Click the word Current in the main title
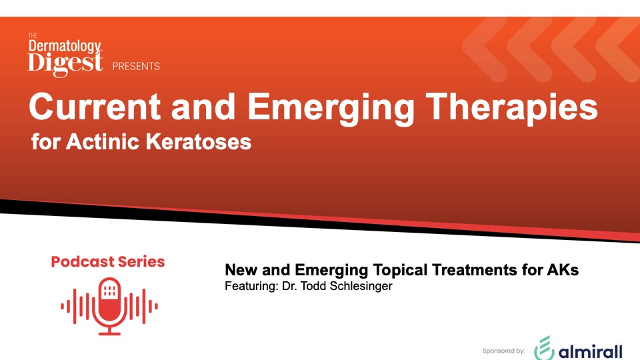pyautogui.click(x=94, y=107)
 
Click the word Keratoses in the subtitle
pyautogui.click(x=199, y=142)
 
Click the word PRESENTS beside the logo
pyautogui.click(x=136, y=66)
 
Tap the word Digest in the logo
pyautogui.click(x=65, y=63)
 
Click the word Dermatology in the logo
pyautogui.click(x=65, y=47)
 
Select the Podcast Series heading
pyautogui.click(x=108, y=261)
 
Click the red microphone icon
pyautogui.click(x=109, y=306)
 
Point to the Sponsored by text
pyautogui.click(x=503, y=351)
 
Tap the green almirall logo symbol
pyautogui.click(x=544, y=348)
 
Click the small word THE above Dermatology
pyautogui.click(x=33, y=35)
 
